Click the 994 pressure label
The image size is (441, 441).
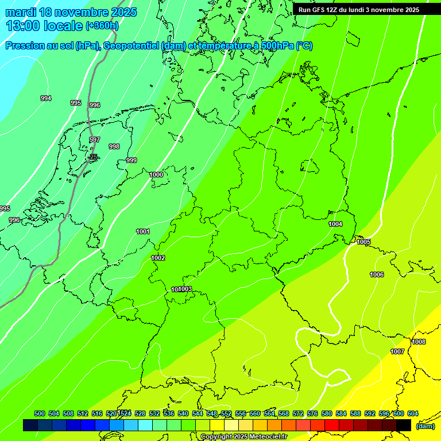46,98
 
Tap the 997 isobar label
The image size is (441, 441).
95,140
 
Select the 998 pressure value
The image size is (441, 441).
114,146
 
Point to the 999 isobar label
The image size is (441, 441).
131,160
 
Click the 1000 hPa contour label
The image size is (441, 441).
156,175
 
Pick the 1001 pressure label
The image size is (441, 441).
143,231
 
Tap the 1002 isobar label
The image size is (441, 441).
158,258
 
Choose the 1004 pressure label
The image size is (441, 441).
335,224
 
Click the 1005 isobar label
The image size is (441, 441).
363,242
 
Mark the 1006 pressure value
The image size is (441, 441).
377,274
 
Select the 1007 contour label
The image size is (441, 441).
397,351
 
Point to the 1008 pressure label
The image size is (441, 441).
419,342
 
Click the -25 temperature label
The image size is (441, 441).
94,156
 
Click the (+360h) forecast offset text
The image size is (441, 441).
102,25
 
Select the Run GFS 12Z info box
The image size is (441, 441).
359,10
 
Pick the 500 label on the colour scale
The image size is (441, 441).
40,413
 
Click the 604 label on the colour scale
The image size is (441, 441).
413,413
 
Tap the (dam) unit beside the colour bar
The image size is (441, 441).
425,426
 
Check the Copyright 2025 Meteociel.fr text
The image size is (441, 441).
244,436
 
